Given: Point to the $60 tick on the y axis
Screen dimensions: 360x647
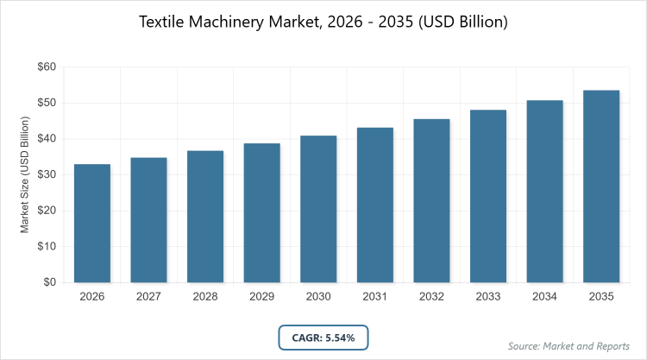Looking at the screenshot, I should click(46, 66).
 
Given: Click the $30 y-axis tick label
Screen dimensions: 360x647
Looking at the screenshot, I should click(46, 174).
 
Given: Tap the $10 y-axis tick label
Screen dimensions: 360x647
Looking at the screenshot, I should click(46, 246).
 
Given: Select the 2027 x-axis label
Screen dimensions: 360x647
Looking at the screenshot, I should click(149, 296).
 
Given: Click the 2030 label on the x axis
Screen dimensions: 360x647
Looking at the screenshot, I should click(318, 296).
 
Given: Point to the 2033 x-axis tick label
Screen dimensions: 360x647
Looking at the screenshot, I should click(488, 296).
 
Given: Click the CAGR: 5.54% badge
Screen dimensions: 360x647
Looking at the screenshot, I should click(323, 337).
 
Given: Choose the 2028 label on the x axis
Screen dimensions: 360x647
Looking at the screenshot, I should click(205, 296).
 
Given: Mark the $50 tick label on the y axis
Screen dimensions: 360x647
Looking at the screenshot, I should click(46, 103).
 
